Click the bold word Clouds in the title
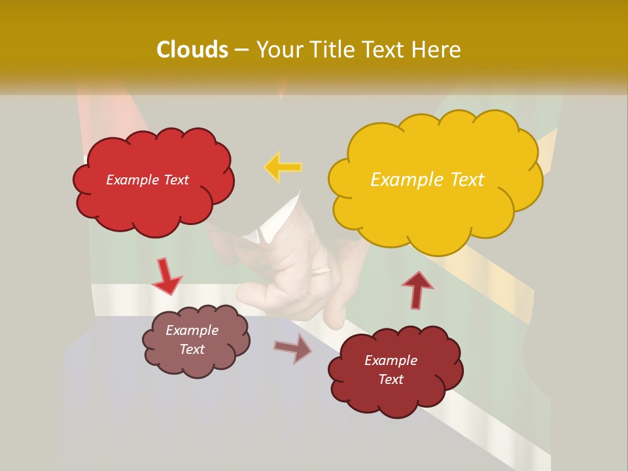tap(192, 50)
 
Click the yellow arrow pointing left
tap(283, 167)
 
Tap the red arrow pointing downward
tap(166, 277)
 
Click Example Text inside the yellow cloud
tap(427, 180)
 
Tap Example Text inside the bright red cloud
tap(147, 180)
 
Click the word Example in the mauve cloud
tap(192, 330)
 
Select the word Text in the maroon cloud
tap(391, 379)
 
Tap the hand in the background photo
tap(294, 275)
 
